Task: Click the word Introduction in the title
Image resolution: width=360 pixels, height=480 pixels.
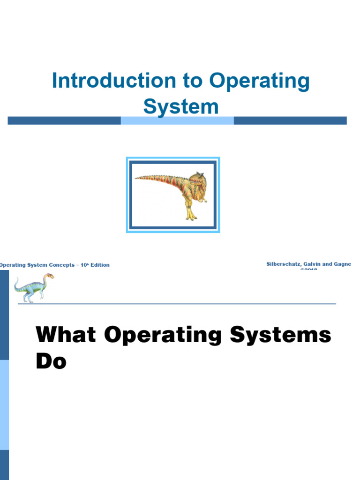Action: (113, 81)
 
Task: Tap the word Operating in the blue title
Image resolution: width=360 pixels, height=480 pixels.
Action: (260, 81)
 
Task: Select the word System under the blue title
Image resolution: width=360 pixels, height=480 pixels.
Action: (180, 106)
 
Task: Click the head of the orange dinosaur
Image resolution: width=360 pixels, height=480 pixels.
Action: (198, 179)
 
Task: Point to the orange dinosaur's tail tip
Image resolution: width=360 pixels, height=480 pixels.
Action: (136, 178)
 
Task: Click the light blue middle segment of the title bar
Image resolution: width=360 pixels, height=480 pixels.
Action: (177, 120)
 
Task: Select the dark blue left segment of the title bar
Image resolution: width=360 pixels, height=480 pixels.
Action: (64, 120)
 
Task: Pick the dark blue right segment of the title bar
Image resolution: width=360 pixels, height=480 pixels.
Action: (290, 120)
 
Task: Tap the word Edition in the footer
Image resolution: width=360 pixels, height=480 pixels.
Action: (100, 265)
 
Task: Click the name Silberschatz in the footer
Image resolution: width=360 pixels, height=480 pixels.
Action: (282, 264)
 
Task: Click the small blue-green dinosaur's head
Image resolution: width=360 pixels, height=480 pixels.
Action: (49, 276)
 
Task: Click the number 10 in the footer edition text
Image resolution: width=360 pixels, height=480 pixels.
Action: (82, 265)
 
